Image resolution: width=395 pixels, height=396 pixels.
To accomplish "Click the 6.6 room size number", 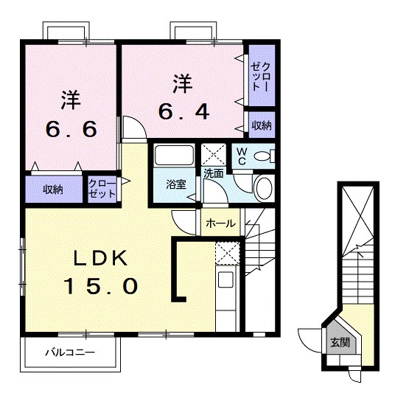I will [71, 130].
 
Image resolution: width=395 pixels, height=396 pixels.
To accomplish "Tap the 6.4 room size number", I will [184, 113].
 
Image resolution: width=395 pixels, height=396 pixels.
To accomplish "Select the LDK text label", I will [102, 258].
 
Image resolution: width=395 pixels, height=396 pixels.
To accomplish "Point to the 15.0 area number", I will [102, 286].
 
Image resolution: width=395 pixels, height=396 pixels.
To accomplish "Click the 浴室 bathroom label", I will [175, 185].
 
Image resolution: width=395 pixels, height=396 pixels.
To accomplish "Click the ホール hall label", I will [220, 223].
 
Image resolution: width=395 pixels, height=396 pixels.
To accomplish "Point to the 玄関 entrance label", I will [339, 342].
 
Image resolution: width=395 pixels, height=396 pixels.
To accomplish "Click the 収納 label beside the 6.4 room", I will [261, 125].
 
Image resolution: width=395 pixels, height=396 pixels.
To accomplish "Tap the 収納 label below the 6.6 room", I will [52, 189].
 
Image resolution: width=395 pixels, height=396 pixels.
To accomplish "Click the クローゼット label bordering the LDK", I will [102, 189].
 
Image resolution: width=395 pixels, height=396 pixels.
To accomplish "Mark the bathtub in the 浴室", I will [175, 156].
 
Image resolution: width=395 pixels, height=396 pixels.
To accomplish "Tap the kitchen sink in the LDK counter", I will [225, 281].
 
